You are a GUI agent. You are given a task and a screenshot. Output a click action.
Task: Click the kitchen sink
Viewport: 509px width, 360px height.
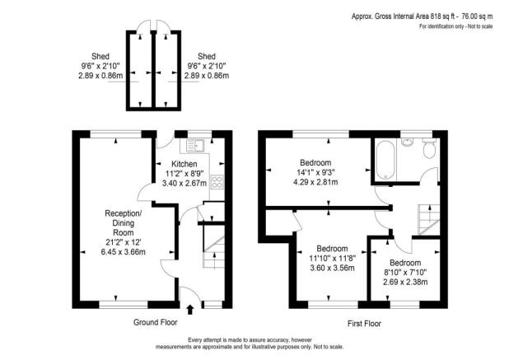point(194,147)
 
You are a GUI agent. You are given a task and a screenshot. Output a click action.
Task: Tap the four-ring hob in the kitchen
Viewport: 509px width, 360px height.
point(217,182)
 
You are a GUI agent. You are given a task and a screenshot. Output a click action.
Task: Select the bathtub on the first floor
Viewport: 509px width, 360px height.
point(385,160)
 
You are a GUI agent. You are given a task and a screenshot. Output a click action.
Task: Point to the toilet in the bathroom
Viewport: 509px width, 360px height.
point(427,149)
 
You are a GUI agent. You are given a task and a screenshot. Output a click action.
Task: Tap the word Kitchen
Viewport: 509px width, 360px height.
point(184,164)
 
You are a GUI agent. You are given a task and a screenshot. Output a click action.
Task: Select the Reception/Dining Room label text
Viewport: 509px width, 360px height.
point(122,221)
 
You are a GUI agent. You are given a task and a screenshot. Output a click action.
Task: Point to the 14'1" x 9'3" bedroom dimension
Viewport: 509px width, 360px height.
point(316,171)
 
